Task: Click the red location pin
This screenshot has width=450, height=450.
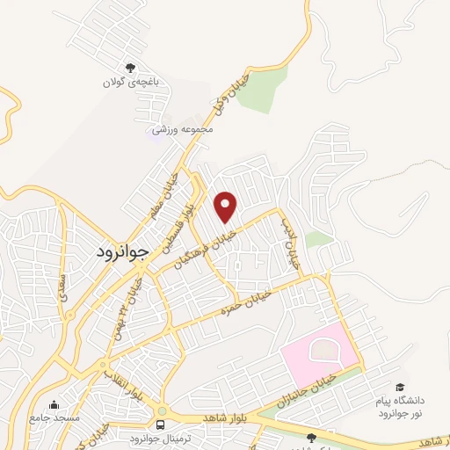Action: [x=227, y=206]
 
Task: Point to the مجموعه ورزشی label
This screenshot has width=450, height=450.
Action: [x=183, y=129]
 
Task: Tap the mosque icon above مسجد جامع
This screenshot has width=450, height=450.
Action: [x=54, y=405]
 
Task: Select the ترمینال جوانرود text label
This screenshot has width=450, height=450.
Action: [x=155, y=438]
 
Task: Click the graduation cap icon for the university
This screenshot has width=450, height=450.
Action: [x=400, y=388]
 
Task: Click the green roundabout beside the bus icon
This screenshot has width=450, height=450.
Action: [x=162, y=410]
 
